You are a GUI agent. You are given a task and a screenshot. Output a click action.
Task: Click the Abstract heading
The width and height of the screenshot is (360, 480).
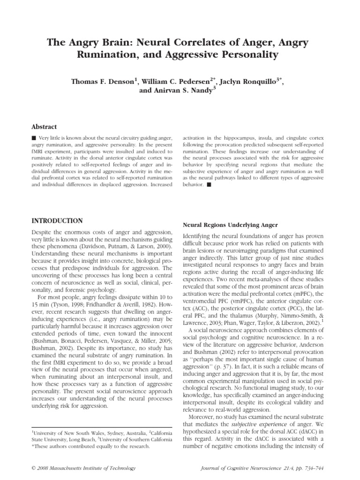(x=44, y=127)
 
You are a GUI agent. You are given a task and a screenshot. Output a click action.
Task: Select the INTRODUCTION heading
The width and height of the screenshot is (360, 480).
(x=57, y=221)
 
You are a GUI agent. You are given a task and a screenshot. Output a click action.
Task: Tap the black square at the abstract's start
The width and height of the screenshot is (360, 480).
(x=33, y=139)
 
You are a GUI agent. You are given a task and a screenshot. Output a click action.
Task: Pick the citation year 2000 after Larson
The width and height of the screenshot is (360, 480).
(x=161, y=247)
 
